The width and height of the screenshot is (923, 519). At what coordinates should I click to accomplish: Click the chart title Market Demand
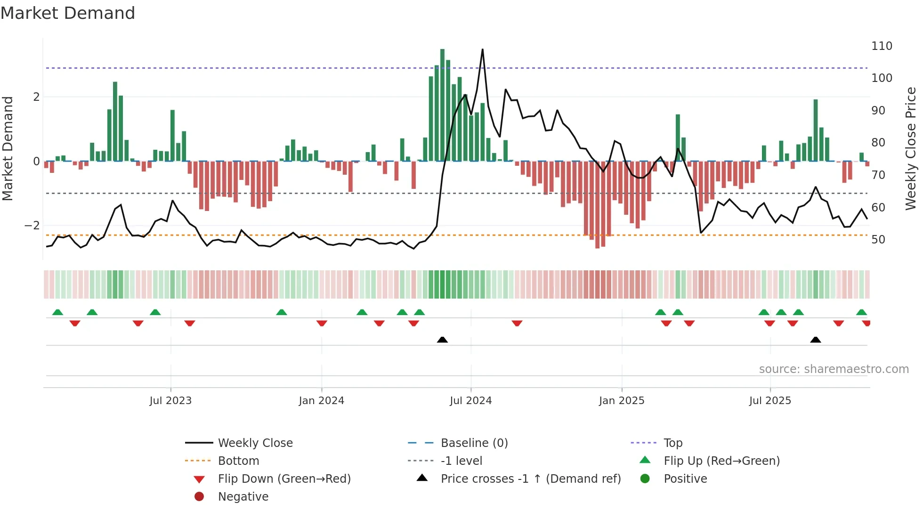68,13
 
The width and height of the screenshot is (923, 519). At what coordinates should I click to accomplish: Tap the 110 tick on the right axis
882,46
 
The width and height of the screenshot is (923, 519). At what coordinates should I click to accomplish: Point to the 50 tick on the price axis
878,240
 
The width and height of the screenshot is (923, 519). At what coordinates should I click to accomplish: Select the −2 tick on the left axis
32,226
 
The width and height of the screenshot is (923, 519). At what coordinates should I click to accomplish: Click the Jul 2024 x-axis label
470,401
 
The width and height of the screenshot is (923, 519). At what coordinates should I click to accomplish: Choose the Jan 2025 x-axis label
621,401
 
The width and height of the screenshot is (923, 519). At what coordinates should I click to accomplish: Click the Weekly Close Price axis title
911,148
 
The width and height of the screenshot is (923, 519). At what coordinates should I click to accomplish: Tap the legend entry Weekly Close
255,443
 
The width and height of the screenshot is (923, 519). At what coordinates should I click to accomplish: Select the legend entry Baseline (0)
474,443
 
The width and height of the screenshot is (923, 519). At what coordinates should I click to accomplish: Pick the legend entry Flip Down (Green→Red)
284,479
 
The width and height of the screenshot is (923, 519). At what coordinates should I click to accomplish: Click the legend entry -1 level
461,461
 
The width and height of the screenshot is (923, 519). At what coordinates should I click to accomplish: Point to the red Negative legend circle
199,497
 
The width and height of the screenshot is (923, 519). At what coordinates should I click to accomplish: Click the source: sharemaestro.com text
834,369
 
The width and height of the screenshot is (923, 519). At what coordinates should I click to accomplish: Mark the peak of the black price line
482,49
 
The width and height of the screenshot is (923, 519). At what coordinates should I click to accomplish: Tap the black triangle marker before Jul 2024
442,340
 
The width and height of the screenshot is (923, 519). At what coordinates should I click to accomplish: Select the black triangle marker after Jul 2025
816,340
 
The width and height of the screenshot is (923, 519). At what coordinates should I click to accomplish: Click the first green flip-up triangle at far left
57,312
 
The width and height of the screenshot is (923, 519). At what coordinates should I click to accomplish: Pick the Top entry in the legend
672,443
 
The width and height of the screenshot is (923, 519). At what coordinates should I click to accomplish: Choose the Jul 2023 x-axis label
170,401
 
